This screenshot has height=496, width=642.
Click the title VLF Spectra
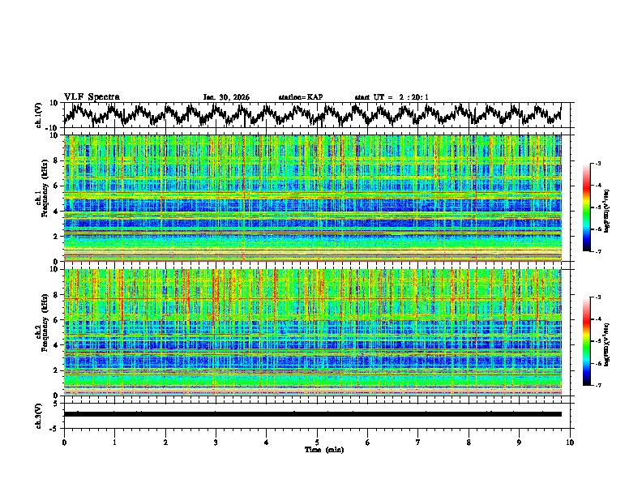click(92, 97)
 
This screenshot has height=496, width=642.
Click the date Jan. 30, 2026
click(226, 97)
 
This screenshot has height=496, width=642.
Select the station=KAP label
click(300, 97)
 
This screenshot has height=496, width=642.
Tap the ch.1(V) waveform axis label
click(38, 115)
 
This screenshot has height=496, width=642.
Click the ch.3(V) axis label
click(38, 414)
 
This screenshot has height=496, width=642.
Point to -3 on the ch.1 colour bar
click(597, 164)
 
